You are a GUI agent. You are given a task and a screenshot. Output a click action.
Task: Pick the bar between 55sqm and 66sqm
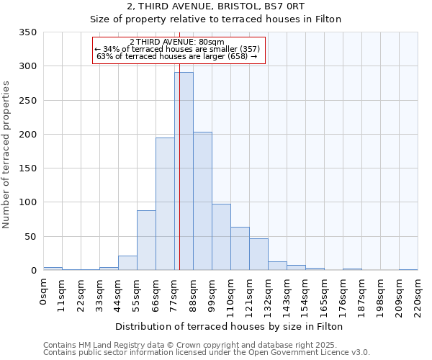(x=146, y=240)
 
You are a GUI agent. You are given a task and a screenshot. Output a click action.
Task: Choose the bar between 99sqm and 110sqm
(x=221, y=237)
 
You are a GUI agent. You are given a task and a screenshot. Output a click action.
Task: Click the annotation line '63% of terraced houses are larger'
(x=177, y=57)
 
